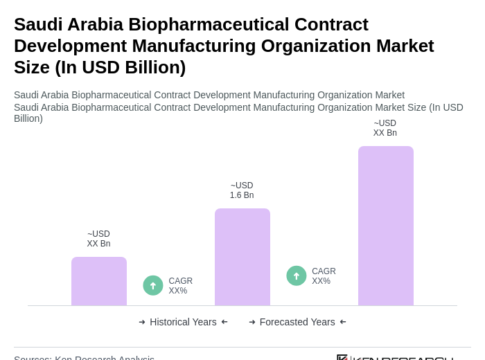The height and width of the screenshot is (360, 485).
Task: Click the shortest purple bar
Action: [99, 281]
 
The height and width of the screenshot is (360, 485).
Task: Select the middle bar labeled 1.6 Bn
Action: [242, 257]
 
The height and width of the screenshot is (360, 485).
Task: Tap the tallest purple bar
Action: [386, 226]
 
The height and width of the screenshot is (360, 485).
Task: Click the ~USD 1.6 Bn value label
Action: [242, 190]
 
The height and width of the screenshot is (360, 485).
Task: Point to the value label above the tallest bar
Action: [385, 128]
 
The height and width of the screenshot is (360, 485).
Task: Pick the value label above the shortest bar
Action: [98, 239]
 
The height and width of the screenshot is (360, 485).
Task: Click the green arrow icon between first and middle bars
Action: [153, 285]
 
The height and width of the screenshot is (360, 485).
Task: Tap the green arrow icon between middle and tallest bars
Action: [297, 276]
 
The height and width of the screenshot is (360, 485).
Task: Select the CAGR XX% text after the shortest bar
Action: [181, 286]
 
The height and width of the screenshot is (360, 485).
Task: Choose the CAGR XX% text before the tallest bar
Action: [324, 276]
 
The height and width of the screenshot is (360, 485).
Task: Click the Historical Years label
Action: [183, 322]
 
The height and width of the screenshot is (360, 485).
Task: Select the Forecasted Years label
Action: [297, 322]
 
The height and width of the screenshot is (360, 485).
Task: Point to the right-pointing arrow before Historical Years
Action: [142, 322]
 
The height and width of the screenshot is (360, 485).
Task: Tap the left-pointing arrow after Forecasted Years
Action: [343, 322]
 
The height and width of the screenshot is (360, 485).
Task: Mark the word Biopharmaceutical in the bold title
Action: [209, 24]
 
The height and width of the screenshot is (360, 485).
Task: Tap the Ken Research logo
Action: [395, 357]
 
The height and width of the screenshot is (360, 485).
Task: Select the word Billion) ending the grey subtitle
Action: [28, 118]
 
